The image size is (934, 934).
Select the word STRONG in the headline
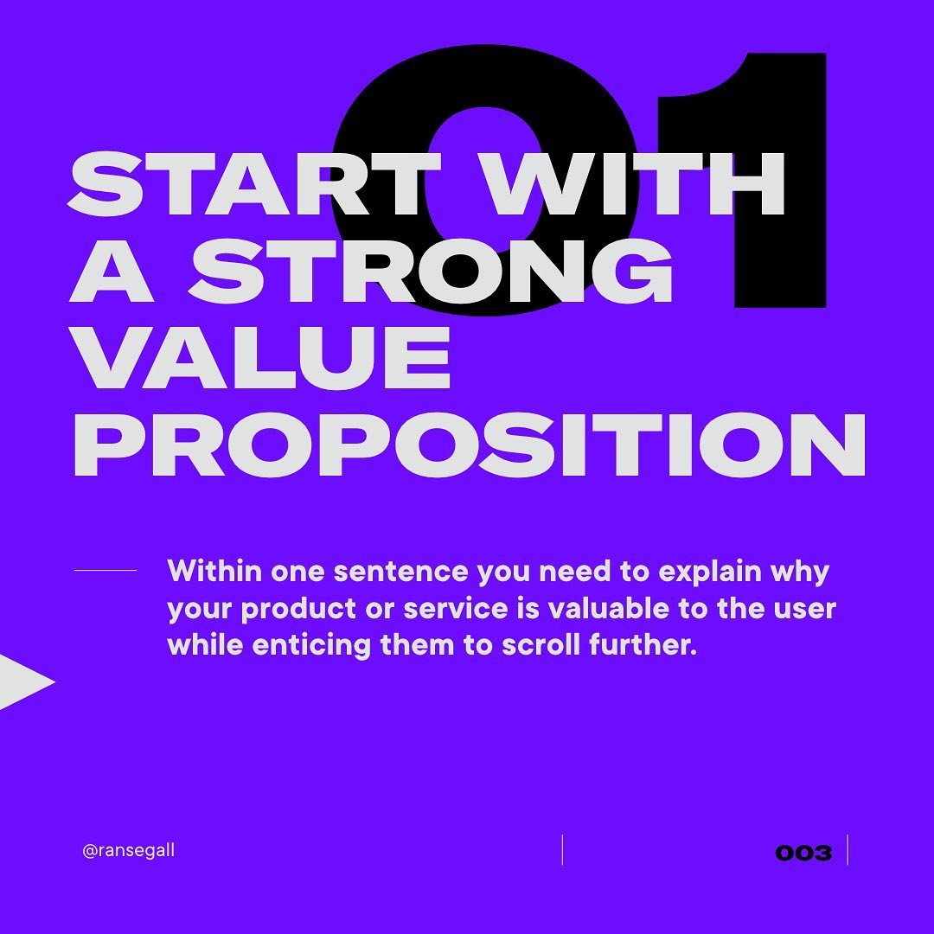430,270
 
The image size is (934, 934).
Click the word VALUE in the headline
260,356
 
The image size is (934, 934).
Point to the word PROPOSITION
470,444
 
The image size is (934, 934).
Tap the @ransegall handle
129,850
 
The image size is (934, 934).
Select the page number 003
803,853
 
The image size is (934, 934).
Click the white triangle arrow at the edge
25,682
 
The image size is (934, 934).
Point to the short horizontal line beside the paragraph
106,570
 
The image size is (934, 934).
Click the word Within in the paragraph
214,571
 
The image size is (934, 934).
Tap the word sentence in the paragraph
401,572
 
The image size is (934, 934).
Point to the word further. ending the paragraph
643,645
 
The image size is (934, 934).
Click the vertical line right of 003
847,850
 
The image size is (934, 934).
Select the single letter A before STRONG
112,270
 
